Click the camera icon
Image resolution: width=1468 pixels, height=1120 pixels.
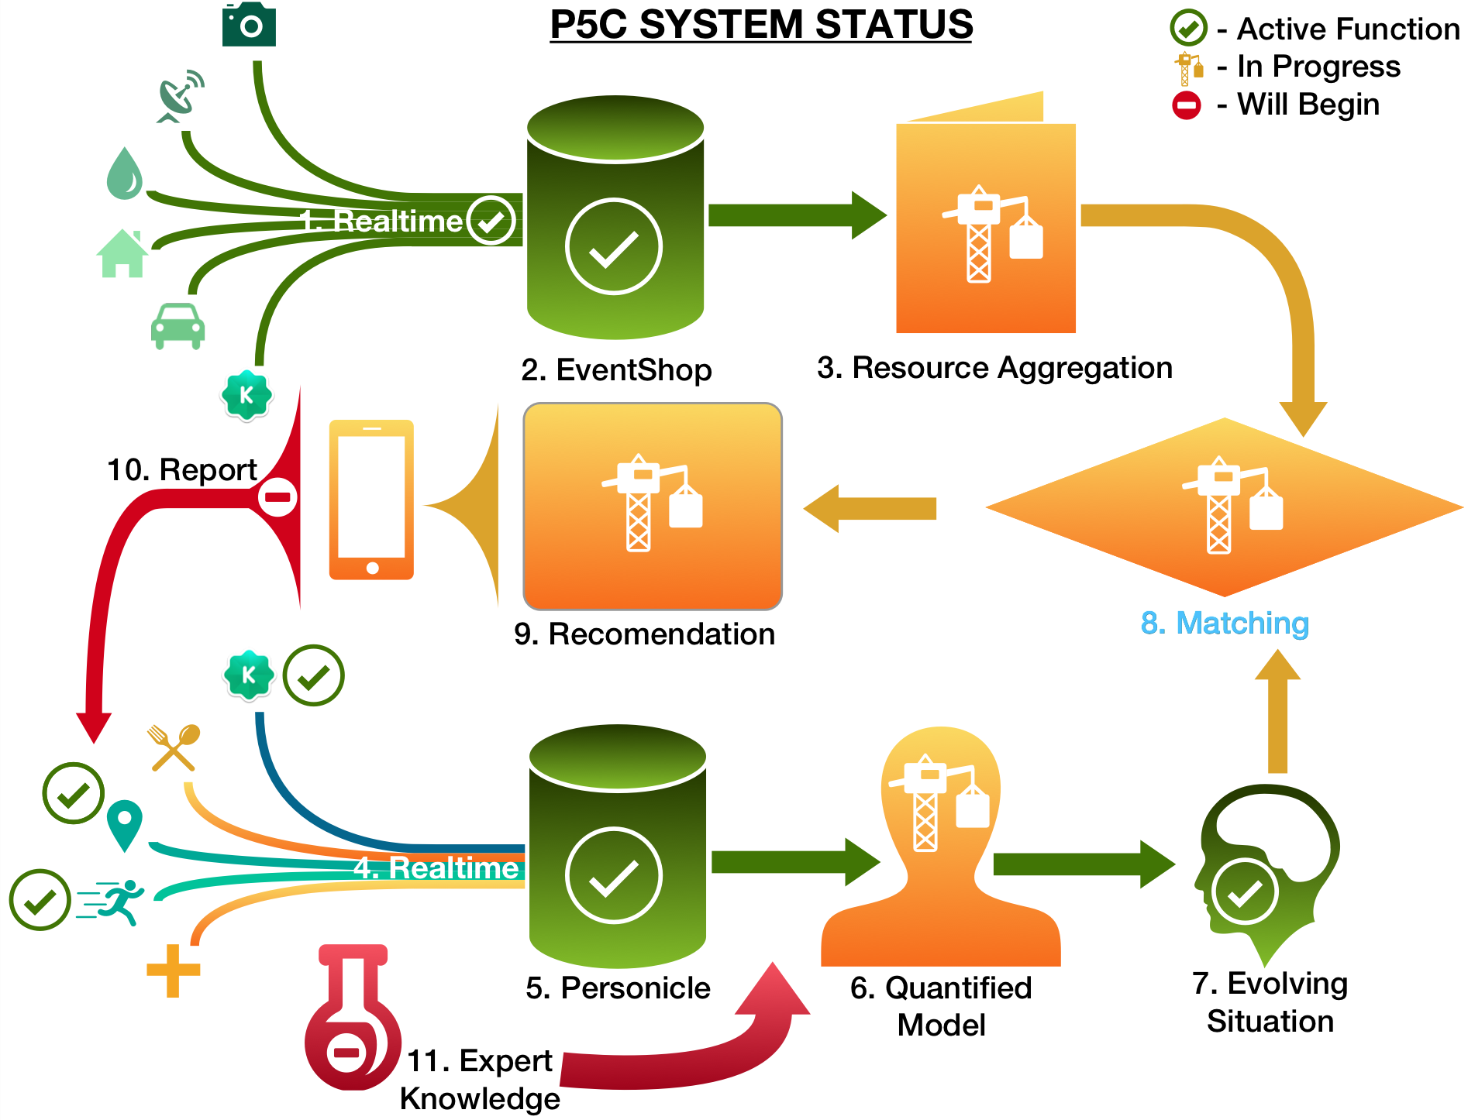[x=249, y=24]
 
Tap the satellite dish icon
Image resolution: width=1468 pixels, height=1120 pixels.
[x=181, y=97]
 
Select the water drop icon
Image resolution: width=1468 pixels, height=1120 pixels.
[x=125, y=173]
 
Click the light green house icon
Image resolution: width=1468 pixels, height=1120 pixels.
[x=122, y=253]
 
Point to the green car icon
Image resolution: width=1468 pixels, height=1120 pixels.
[x=177, y=325]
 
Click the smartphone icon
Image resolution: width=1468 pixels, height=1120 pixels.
[x=372, y=500]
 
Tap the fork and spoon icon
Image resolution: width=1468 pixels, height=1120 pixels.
[x=174, y=747]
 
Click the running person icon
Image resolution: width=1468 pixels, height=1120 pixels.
[x=112, y=902]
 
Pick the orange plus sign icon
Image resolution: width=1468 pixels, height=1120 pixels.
[x=174, y=971]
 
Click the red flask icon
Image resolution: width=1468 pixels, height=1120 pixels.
[x=353, y=1017]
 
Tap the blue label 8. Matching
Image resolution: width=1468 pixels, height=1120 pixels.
[x=1225, y=623]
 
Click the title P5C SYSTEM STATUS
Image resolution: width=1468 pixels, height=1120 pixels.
[x=761, y=25]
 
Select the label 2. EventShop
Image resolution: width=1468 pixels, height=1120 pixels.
[x=616, y=369]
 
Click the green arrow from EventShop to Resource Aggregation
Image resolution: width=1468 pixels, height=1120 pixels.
[x=798, y=215]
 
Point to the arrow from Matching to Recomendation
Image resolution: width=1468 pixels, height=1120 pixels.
[x=870, y=508]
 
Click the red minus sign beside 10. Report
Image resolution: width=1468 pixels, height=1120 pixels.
[x=277, y=496]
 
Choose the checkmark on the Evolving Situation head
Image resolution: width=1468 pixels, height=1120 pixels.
[x=1245, y=892]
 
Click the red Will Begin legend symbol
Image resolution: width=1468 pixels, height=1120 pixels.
[x=1187, y=105]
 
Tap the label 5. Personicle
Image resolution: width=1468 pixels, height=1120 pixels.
[x=618, y=988]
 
